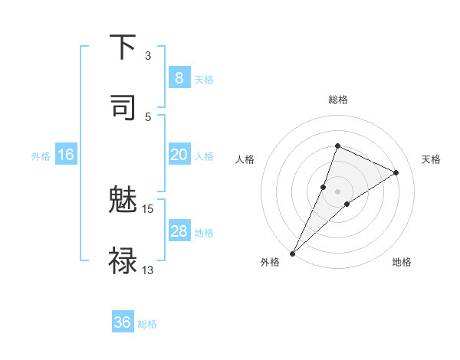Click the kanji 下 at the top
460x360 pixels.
(123, 47)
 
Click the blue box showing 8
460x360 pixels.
(179, 78)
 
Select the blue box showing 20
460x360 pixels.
(179, 155)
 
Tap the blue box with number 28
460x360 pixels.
(179, 231)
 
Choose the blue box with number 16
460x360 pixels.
(66, 155)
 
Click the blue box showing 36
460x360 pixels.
(123, 322)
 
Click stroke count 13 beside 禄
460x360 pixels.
(148, 270)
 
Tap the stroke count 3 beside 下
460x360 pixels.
(148, 55)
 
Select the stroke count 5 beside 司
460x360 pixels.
(148, 116)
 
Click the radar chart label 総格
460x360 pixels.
(338, 100)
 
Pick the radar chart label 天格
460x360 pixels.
(431, 159)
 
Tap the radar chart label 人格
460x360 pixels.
(245, 159)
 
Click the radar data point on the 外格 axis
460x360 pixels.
(293, 253)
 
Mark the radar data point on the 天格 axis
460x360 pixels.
(396, 173)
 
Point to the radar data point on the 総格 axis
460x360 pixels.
(337, 146)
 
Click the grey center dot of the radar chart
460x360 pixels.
(338, 191)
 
